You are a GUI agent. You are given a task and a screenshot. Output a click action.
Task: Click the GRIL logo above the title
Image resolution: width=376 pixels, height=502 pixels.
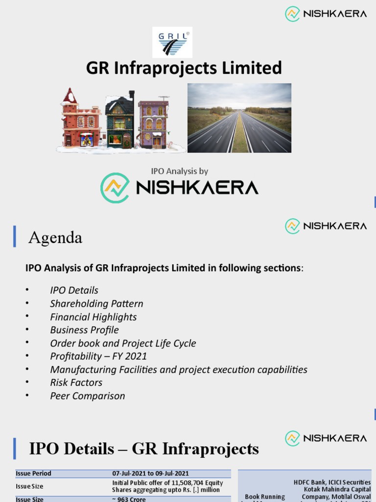(x=172, y=42)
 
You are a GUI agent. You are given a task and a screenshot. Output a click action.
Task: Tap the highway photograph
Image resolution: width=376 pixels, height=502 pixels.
(x=239, y=118)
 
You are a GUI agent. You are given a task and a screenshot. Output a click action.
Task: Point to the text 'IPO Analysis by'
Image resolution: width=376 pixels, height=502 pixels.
(x=179, y=171)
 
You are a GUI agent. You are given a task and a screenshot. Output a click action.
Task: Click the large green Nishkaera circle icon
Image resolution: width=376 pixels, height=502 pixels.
(x=115, y=188)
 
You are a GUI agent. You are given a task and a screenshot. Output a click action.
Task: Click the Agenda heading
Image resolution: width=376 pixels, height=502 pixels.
(x=55, y=238)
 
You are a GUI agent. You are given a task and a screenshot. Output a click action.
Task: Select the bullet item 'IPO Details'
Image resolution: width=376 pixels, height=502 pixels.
(x=74, y=290)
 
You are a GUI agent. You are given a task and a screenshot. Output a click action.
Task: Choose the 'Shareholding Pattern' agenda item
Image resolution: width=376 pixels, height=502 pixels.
(x=96, y=303)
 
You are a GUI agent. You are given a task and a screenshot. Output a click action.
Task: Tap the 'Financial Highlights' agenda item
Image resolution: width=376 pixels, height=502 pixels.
(x=93, y=317)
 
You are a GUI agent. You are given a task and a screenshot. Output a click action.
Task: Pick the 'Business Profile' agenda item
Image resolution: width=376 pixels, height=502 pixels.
(x=84, y=330)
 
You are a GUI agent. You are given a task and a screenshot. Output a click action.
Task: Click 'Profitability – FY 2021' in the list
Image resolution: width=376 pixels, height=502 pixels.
(x=98, y=356)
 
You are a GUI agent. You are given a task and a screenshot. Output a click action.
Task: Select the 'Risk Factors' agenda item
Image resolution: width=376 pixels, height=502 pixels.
(x=76, y=382)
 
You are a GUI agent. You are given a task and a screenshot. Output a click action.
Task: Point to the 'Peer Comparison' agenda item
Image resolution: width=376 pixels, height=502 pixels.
(x=87, y=396)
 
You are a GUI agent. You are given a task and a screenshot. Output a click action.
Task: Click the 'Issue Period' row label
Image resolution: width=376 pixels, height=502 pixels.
(x=33, y=474)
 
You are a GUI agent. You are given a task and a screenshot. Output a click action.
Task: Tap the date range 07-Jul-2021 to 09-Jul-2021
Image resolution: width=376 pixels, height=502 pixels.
(x=150, y=474)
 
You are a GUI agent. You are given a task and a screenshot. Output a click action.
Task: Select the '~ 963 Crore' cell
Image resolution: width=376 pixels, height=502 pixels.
(x=129, y=499)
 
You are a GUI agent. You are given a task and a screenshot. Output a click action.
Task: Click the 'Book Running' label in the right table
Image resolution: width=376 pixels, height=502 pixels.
(x=265, y=497)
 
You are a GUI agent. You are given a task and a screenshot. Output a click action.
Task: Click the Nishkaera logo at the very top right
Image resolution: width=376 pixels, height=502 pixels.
(x=326, y=14)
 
